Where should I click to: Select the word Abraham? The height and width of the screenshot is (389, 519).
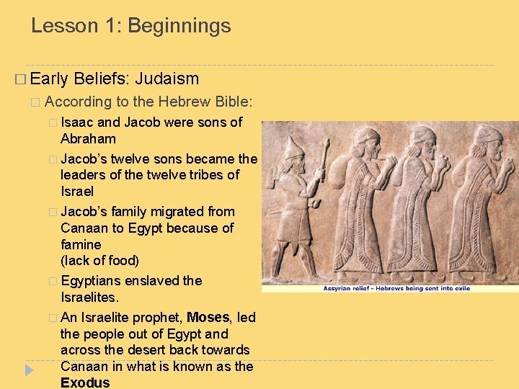tap(88, 138)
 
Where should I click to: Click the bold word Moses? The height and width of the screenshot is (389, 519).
tap(208, 317)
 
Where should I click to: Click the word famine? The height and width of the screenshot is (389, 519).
tap(82, 244)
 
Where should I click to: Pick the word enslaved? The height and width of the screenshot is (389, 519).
tap(157, 281)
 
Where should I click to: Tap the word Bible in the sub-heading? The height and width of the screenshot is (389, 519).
tap(232, 102)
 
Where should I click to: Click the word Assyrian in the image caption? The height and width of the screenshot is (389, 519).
tap(337, 287)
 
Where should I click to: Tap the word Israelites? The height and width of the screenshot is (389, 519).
tap(90, 298)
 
